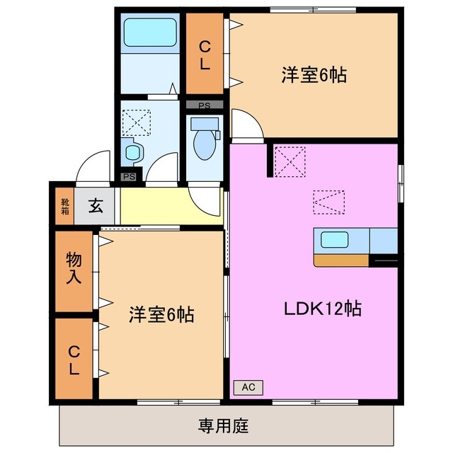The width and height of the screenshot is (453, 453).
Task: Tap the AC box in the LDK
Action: [x=248, y=387]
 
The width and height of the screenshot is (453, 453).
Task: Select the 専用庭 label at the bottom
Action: [x=223, y=426]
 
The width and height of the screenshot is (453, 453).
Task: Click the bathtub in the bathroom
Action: [x=149, y=33]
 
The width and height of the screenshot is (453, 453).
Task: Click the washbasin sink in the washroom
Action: [x=132, y=151]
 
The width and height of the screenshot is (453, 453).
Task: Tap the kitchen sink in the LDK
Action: [x=332, y=239]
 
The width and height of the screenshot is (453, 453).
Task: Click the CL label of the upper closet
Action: [x=205, y=55]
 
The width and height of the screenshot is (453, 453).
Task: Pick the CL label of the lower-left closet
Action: [x=74, y=360]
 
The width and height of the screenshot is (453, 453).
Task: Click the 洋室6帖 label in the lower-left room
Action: [x=161, y=314]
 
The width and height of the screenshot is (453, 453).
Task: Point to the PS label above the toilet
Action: [x=205, y=105]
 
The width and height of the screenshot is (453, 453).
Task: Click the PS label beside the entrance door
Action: [x=129, y=177]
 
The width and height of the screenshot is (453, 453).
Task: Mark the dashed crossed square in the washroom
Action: [x=136, y=121]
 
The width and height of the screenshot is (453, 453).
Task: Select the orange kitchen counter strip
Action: [x=341, y=260]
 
